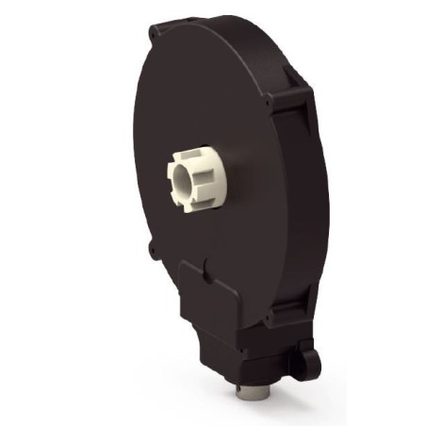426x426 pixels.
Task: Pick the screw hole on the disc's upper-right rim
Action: coord(270,97)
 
